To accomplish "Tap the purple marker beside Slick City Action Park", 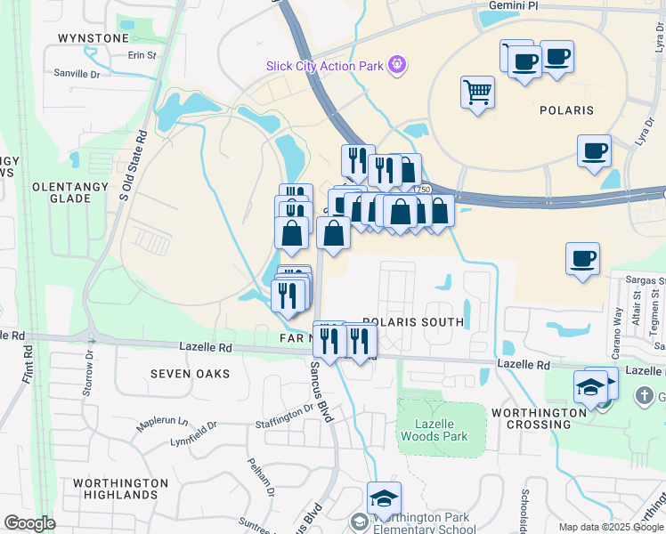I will point(397,64).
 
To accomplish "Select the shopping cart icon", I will point(477,91).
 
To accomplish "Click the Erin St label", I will point(141,55).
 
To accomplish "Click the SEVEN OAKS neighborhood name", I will point(190,374).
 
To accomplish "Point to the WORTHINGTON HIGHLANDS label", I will point(121,489).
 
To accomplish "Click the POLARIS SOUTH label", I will point(413,322).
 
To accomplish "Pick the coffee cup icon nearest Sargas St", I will point(582,259).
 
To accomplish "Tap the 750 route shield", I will point(422,190).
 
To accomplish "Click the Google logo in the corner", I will point(29,523).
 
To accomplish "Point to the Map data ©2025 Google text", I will point(611,527).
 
